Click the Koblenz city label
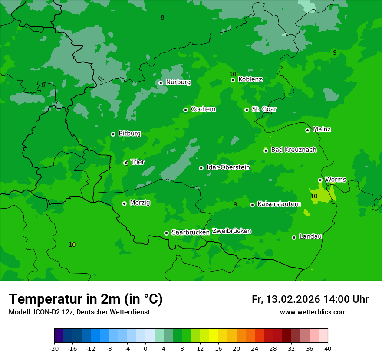(x=250, y=79)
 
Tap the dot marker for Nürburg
(x=161, y=83)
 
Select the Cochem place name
(x=203, y=109)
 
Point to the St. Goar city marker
(x=247, y=110)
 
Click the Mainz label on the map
(x=322, y=130)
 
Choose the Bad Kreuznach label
(x=293, y=150)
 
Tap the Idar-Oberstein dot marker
(x=201, y=168)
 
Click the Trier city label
(x=138, y=162)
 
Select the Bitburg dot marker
(x=113, y=134)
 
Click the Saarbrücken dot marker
(x=166, y=233)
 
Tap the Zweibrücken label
(x=231, y=231)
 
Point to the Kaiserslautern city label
(x=279, y=204)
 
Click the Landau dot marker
(x=294, y=237)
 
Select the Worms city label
(x=335, y=180)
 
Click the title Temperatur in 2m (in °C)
(x=86, y=299)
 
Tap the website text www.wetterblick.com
(x=313, y=312)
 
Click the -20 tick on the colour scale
(x=54, y=349)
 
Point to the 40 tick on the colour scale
(x=328, y=349)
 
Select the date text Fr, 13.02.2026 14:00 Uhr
(x=310, y=299)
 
